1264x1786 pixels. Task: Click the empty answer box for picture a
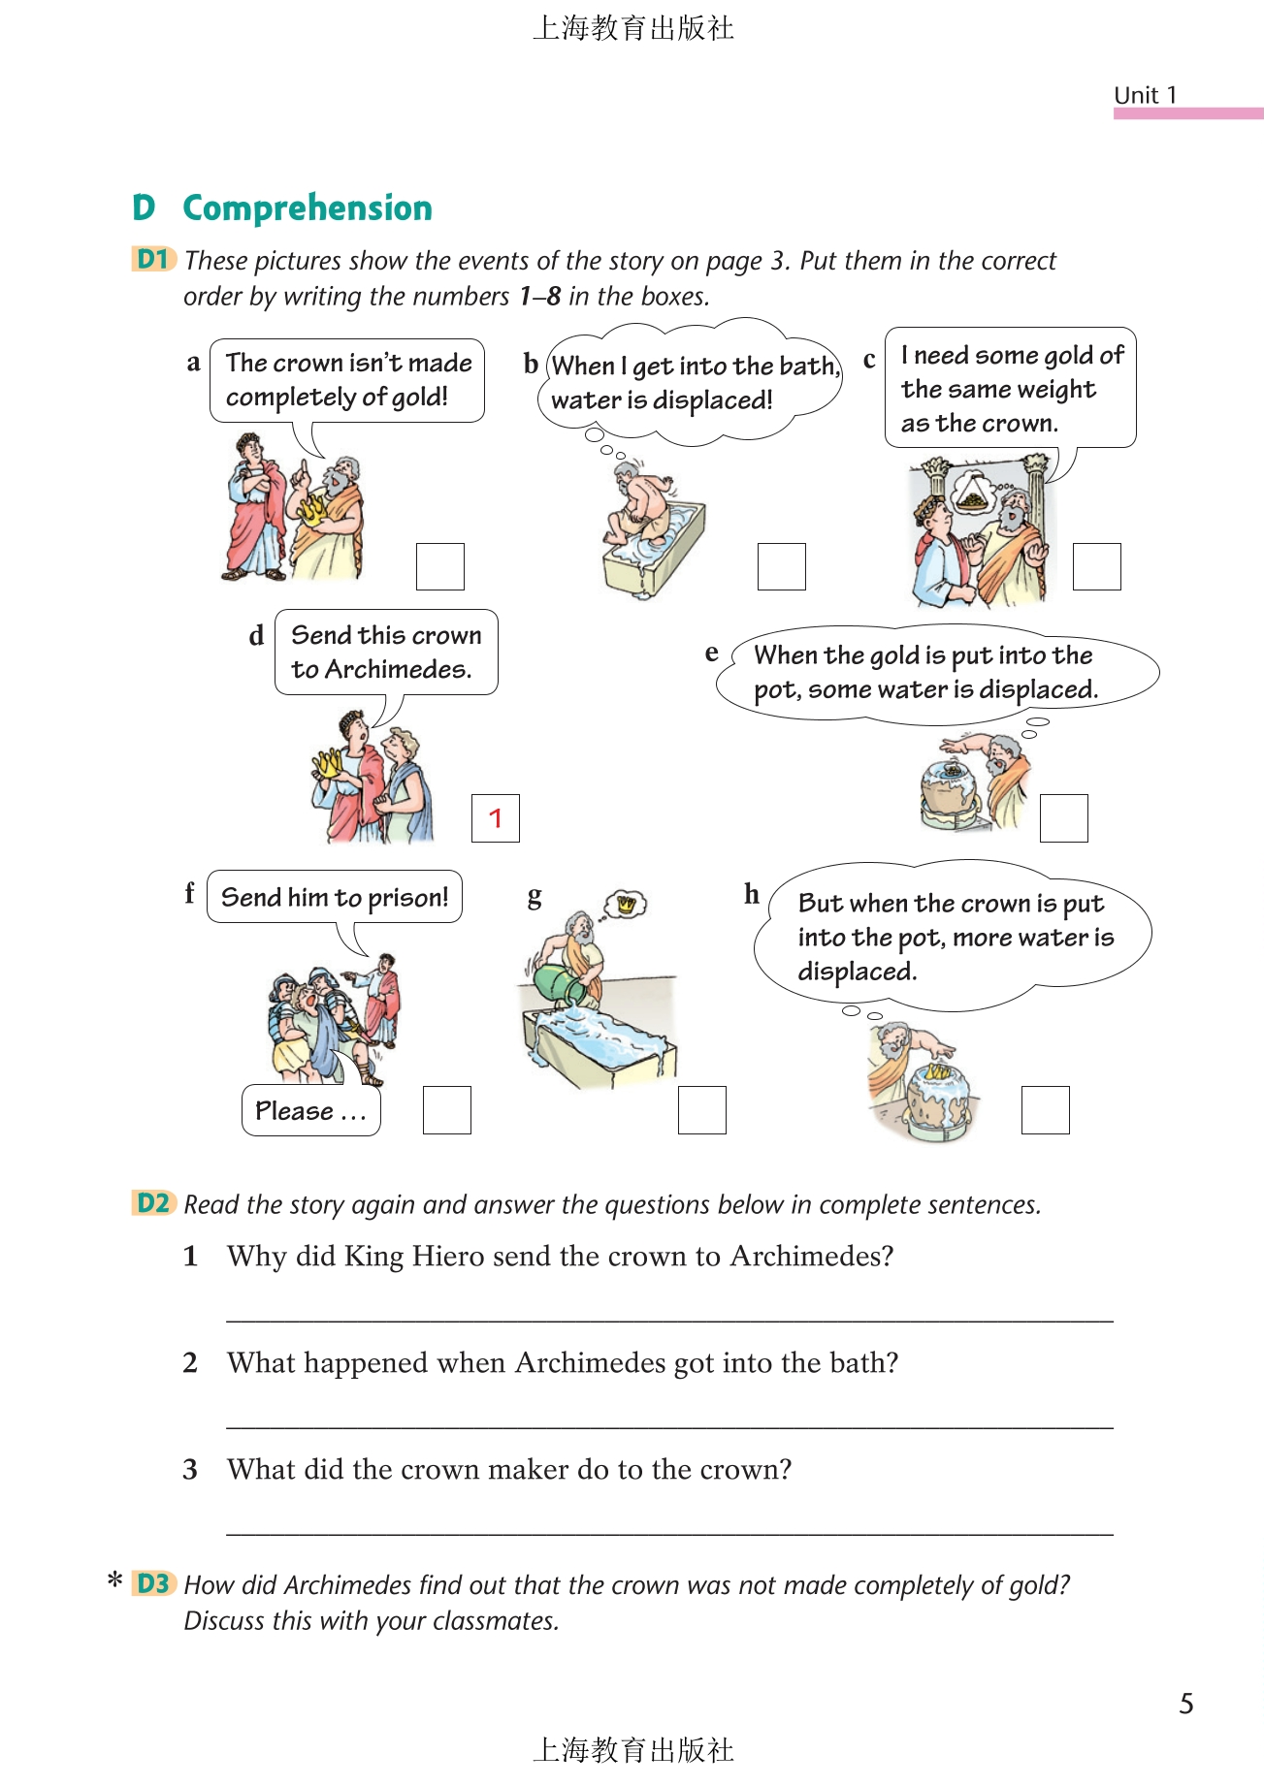click(440, 566)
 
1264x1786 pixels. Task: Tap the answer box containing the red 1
click(496, 818)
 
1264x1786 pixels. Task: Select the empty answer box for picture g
click(702, 1110)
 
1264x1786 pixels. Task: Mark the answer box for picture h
click(1046, 1110)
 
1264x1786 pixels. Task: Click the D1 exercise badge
click(153, 260)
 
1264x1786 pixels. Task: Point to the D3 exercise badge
click(153, 1583)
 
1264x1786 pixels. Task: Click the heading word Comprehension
click(308, 208)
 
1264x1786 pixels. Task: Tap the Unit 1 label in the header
click(1145, 95)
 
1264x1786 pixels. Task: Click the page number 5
click(1186, 1704)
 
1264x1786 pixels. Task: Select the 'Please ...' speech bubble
click(310, 1110)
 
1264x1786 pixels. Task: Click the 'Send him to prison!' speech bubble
click(335, 897)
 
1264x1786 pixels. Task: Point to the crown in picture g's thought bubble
click(627, 904)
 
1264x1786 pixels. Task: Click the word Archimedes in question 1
click(812, 1256)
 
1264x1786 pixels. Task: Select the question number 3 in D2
click(190, 1469)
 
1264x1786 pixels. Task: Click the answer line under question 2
click(669, 1426)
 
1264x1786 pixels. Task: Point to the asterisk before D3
click(115, 1580)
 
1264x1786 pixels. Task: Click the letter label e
click(712, 653)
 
